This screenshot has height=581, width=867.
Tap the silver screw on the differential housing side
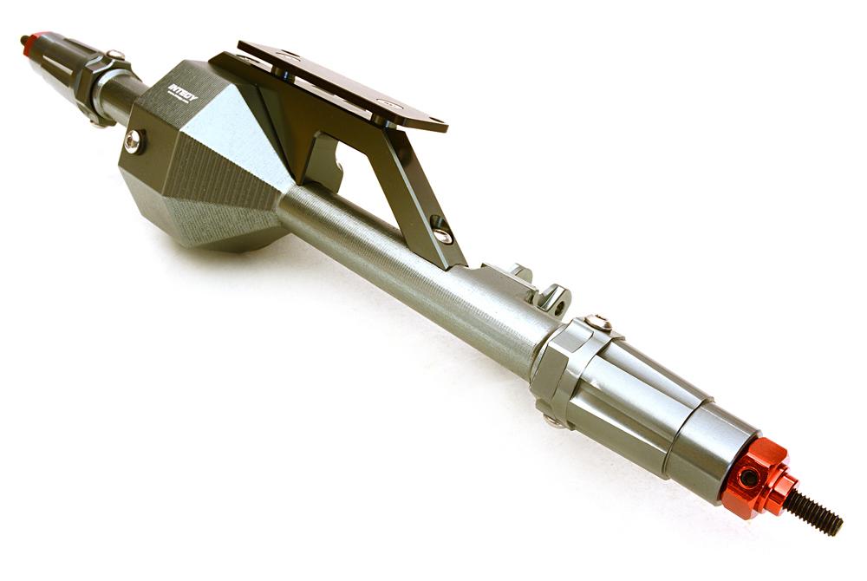pos(133,140)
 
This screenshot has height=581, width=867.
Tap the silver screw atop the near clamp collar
pos(597,323)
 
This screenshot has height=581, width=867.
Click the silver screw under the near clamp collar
pos(551,421)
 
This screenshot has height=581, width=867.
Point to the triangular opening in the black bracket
pos(364,173)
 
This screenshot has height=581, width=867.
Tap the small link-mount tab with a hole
pos(556,300)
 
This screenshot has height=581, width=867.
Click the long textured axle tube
pos(407,269)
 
